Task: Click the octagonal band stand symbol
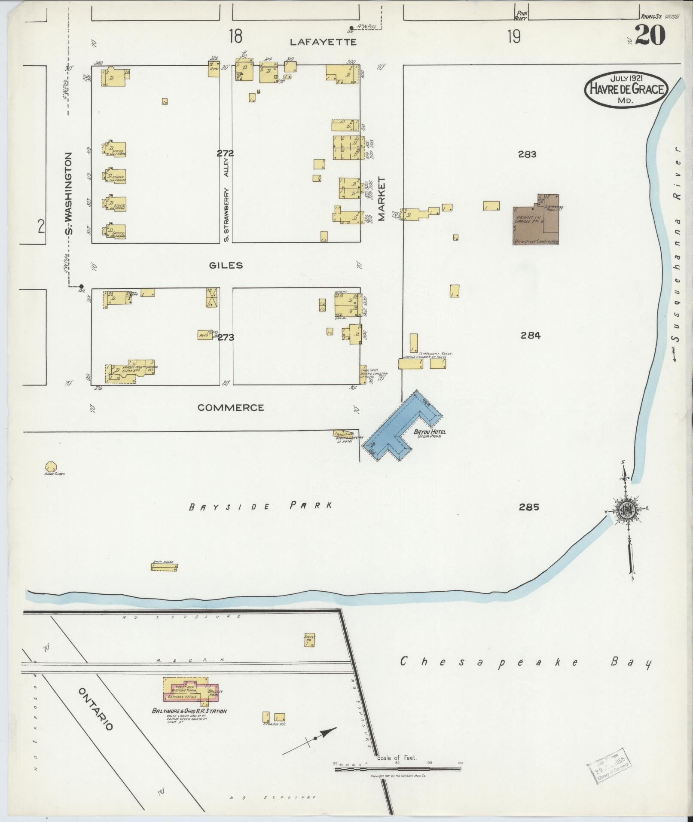pos(50,467)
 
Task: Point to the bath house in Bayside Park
pos(164,567)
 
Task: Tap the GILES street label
pos(226,266)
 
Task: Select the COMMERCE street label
pos(231,407)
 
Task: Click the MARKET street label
pos(382,199)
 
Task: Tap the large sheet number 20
pos(650,36)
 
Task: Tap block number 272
pos(225,153)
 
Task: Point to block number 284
pos(530,336)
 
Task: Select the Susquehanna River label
pos(677,254)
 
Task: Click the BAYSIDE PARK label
pos(261,506)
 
